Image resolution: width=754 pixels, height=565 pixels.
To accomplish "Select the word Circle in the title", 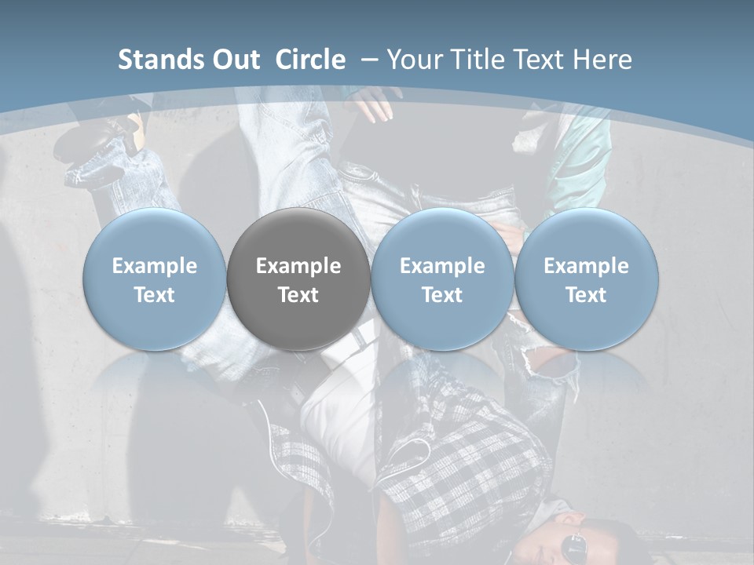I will [310, 60].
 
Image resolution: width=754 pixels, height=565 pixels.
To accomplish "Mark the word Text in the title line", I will [538, 60].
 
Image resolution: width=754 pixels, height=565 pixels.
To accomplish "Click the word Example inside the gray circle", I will [298, 266].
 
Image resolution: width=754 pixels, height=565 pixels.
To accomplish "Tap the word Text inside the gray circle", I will [298, 295].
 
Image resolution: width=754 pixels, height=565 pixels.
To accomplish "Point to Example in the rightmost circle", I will [586, 266].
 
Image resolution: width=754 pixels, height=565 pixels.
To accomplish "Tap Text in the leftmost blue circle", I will [154, 295].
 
